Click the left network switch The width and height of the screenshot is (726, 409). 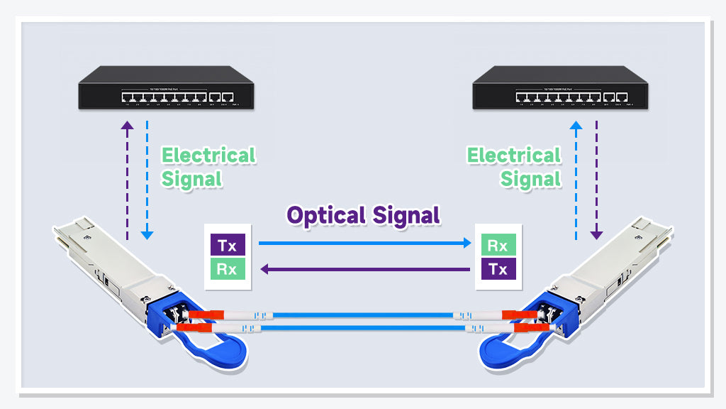[166, 88]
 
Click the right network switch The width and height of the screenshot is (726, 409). [560, 88]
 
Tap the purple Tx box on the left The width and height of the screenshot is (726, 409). [228, 246]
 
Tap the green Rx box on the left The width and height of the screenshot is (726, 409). [228, 269]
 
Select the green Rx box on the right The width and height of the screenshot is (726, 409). [498, 246]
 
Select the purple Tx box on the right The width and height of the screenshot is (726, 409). [498, 269]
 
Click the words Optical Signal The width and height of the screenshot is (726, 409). [363, 214]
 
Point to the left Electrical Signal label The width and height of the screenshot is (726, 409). [207, 167]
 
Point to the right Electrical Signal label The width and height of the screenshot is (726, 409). [514, 167]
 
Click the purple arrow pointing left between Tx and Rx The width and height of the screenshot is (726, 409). [364, 269]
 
